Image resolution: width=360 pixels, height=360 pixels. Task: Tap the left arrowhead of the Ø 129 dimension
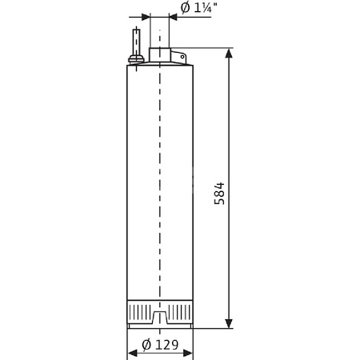click(132, 354)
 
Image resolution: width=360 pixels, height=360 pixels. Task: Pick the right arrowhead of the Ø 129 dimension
click(188, 354)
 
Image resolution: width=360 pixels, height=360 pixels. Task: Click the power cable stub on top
click(137, 40)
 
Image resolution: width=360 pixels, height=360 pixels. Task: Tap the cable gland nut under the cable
click(137, 58)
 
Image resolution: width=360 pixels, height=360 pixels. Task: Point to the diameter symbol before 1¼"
click(185, 8)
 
